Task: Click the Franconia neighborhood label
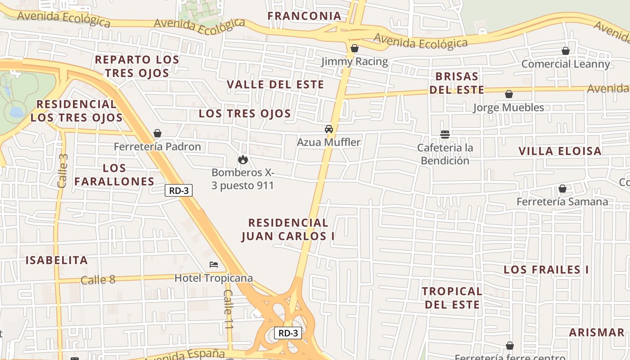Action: pos(304,16)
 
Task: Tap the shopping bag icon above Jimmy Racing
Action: pos(355,48)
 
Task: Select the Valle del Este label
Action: pos(275,85)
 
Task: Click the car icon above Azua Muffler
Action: pos(329,129)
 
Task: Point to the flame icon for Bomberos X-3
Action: pos(243,159)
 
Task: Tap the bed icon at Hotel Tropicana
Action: pos(214,265)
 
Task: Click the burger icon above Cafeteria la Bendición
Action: pos(445,134)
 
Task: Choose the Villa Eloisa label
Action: pos(560,151)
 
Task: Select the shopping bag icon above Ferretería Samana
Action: pos(562,189)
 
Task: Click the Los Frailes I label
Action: pos(546,270)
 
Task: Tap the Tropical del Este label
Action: pos(452,298)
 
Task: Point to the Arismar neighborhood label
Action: pos(597,333)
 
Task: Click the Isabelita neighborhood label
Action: pos(57,260)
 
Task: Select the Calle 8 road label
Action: pos(98,280)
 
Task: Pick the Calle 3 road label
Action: pos(63,171)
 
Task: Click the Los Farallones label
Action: pos(114,175)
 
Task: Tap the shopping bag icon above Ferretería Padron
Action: pos(157,133)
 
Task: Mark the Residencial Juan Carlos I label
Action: pos(288,229)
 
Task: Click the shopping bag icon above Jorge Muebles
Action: pos(509,94)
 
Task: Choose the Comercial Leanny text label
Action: pos(566,64)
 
